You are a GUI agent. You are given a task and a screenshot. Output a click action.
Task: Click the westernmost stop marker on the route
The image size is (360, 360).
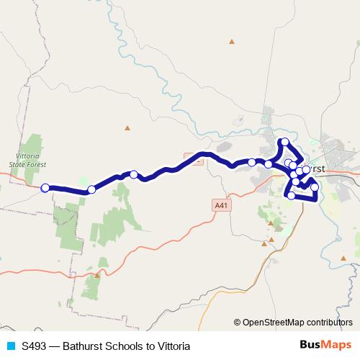point(45,188)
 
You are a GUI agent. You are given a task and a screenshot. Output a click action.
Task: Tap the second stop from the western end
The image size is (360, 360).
point(91,190)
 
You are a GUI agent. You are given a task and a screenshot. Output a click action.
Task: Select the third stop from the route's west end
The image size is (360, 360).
point(134,174)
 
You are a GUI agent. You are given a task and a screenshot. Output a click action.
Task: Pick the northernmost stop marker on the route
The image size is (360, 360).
point(285,142)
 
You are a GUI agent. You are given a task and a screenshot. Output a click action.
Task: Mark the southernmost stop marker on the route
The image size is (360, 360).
point(291,196)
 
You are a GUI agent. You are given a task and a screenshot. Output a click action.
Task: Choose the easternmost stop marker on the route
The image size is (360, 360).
point(315,187)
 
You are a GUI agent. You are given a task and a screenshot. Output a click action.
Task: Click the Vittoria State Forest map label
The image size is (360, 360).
point(27,159)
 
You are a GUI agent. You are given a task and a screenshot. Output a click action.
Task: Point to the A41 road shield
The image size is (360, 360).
point(222,205)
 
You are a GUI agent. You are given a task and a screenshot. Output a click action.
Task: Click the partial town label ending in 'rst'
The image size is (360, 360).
point(317,168)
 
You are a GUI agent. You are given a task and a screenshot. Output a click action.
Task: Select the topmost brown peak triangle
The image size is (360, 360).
point(232,41)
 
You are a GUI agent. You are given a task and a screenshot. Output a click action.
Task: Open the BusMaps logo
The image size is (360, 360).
point(326,345)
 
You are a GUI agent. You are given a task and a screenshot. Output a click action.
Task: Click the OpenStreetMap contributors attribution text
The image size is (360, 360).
point(297,322)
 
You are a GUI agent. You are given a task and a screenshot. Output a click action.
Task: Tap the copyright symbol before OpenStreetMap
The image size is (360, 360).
point(238,322)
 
